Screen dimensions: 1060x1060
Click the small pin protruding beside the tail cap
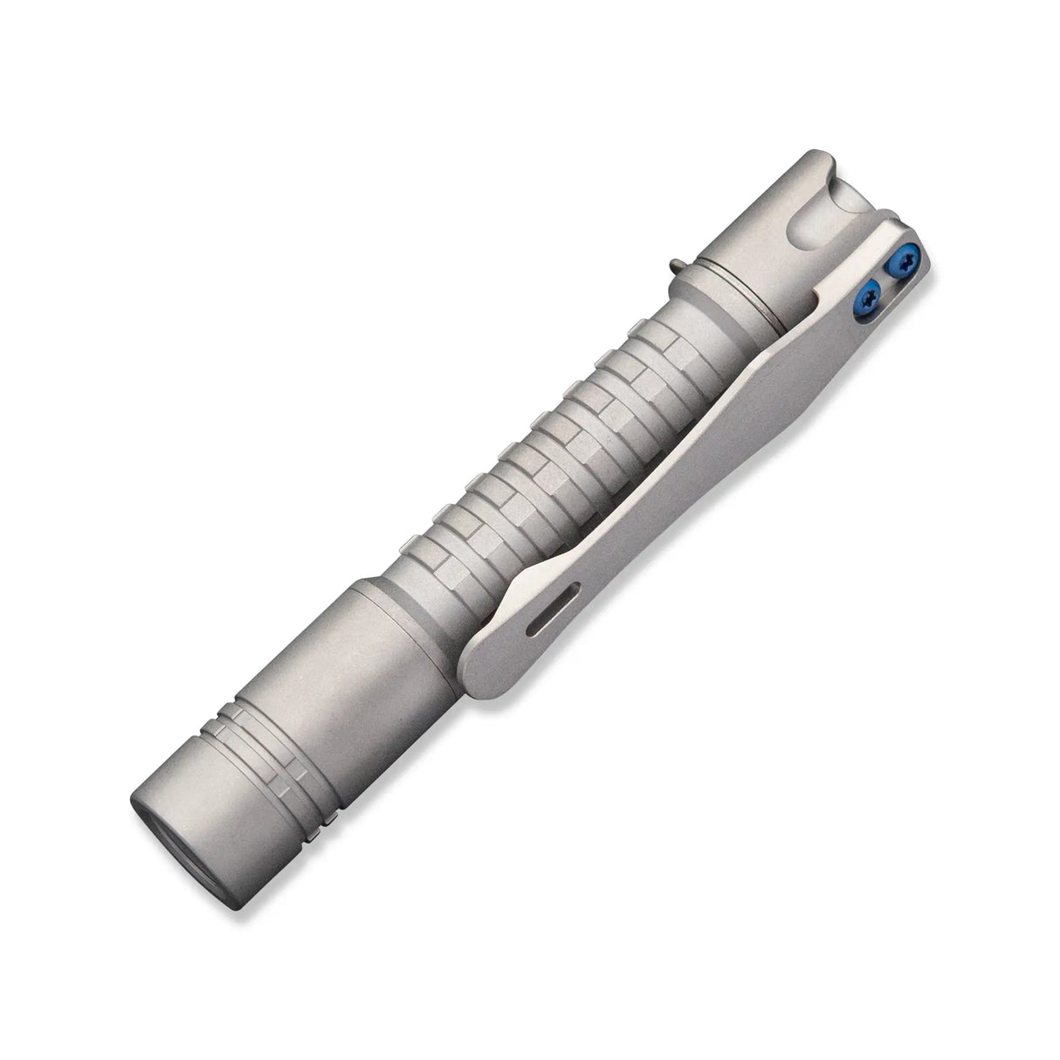click(678, 262)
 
